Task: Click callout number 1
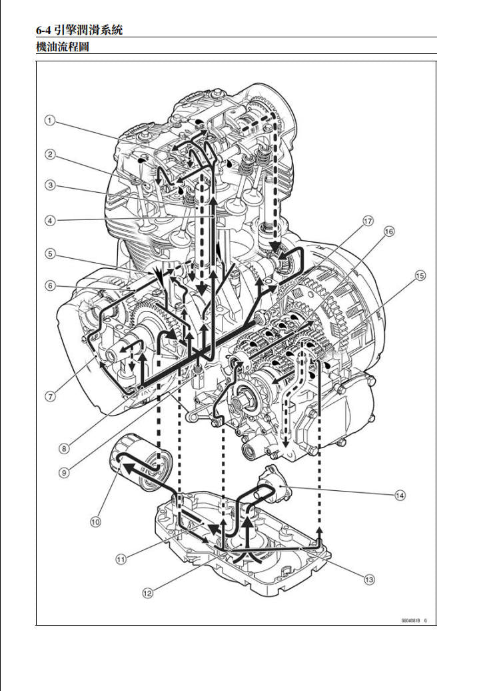coord(49,121)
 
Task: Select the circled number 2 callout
coord(49,154)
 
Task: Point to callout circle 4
coord(49,219)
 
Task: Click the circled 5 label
coord(49,253)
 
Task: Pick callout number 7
coord(49,396)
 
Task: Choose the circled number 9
coord(64,472)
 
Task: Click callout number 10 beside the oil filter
coord(95,522)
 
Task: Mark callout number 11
coord(121,559)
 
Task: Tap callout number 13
coord(368,579)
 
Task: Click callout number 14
coord(399,495)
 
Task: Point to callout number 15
coord(420,275)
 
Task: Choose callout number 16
coord(389,231)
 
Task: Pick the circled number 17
coord(367,220)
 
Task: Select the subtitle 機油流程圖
coord(63,47)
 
